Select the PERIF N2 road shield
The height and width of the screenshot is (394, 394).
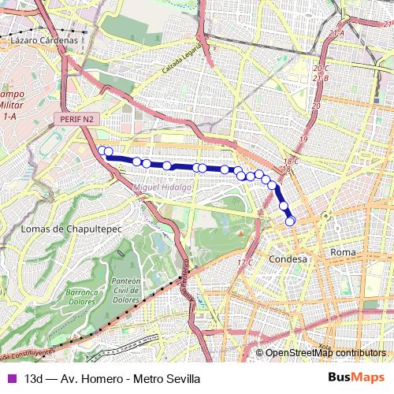[77, 118]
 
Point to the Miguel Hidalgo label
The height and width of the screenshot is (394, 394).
[163, 188]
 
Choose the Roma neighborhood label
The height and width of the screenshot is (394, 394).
[344, 251]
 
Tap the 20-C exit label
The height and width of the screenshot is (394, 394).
[320, 69]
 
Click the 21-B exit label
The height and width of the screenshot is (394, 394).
[320, 78]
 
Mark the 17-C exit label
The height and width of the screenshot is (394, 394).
[245, 262]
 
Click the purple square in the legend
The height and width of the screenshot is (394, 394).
[11, 378]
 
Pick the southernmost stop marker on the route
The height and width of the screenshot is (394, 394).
[290, 221]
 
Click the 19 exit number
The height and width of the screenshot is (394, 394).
[316, 105]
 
